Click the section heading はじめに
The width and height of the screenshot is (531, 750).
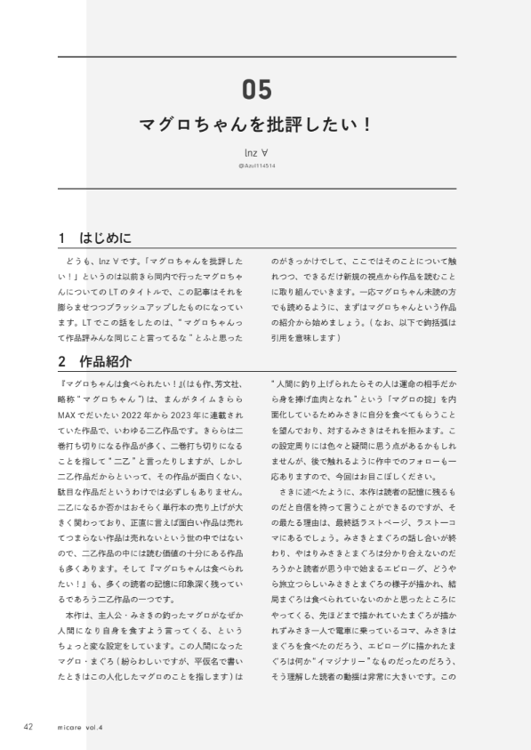105,238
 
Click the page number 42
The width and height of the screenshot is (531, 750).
28,726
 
